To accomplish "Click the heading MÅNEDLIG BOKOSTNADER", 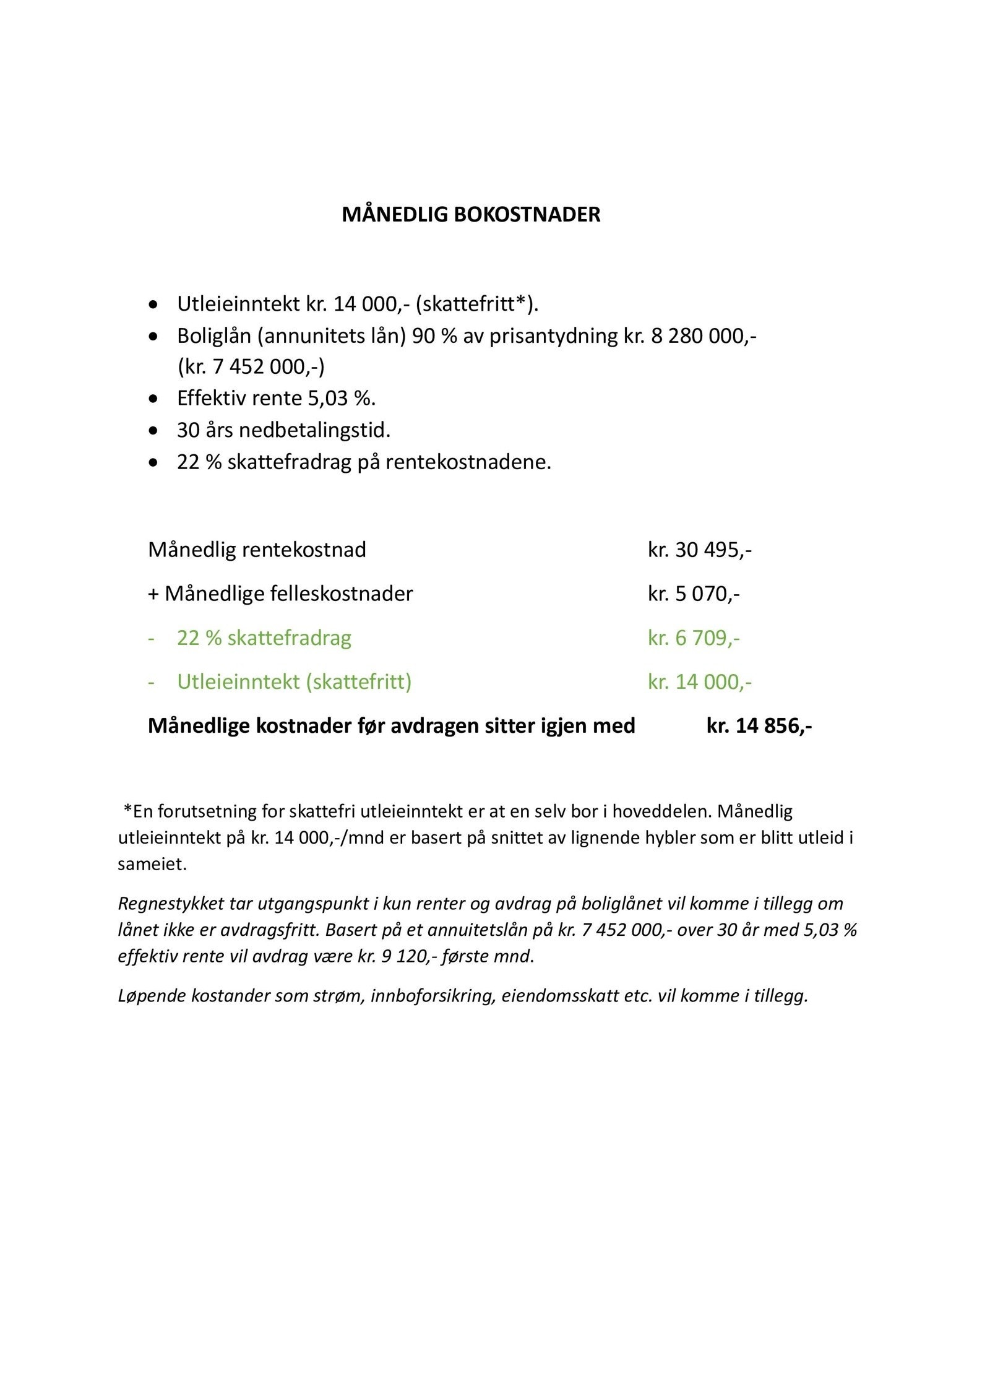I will click(471, 215).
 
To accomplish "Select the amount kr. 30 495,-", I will click(699, 550).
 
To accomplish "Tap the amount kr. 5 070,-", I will click(694, 594).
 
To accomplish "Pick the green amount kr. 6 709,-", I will click(694, 637).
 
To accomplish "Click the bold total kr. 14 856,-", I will click(759, 725).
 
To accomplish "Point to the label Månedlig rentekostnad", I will click(257, 550).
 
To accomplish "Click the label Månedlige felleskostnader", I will click(288, 594).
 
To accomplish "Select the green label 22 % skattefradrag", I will click(264, 637).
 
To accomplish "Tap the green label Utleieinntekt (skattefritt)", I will click(294, 681).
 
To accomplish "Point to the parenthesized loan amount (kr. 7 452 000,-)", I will click(251, 367).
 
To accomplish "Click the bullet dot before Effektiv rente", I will click(153, 399).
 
